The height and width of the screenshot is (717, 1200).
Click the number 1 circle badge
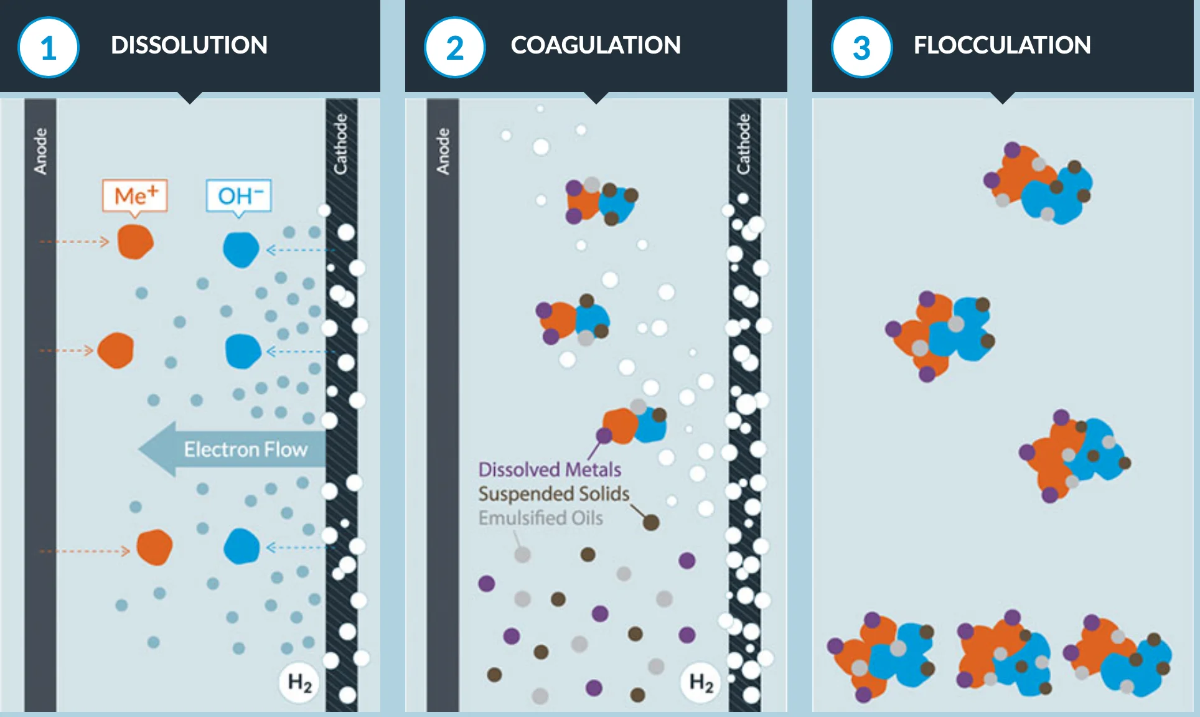[x=49, y=48]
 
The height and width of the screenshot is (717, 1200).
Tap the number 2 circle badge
[x=455, y=48]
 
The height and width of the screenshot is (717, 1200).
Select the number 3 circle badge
[x=861, y=48]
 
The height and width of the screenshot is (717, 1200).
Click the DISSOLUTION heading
[x=189, y=45]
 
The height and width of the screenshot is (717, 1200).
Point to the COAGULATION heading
[x=596, y=45]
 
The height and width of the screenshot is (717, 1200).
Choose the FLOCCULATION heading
[x=1002, y=45]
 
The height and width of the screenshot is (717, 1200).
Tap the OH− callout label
[x=240, y=196]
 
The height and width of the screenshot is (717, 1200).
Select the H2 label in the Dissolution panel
[x=299, y=683]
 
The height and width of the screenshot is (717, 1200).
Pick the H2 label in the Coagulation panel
[x=701, y=683]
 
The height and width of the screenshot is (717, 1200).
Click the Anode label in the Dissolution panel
[x=40, y=151]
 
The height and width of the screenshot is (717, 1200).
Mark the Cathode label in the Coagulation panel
[x=744, y=144]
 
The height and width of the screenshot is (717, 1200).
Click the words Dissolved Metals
[x=550, y=469]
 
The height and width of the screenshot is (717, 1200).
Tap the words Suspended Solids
[x=554, y=494]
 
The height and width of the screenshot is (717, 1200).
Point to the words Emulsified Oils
[x=540, y=518]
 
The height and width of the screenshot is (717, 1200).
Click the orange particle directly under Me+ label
[x=136, y=241]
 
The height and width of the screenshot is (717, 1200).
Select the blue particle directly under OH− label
[x=241, y=249]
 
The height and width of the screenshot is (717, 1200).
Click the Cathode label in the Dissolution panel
[x=341, y=144]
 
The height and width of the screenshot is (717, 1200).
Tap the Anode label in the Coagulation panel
[x=443, y=151]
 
